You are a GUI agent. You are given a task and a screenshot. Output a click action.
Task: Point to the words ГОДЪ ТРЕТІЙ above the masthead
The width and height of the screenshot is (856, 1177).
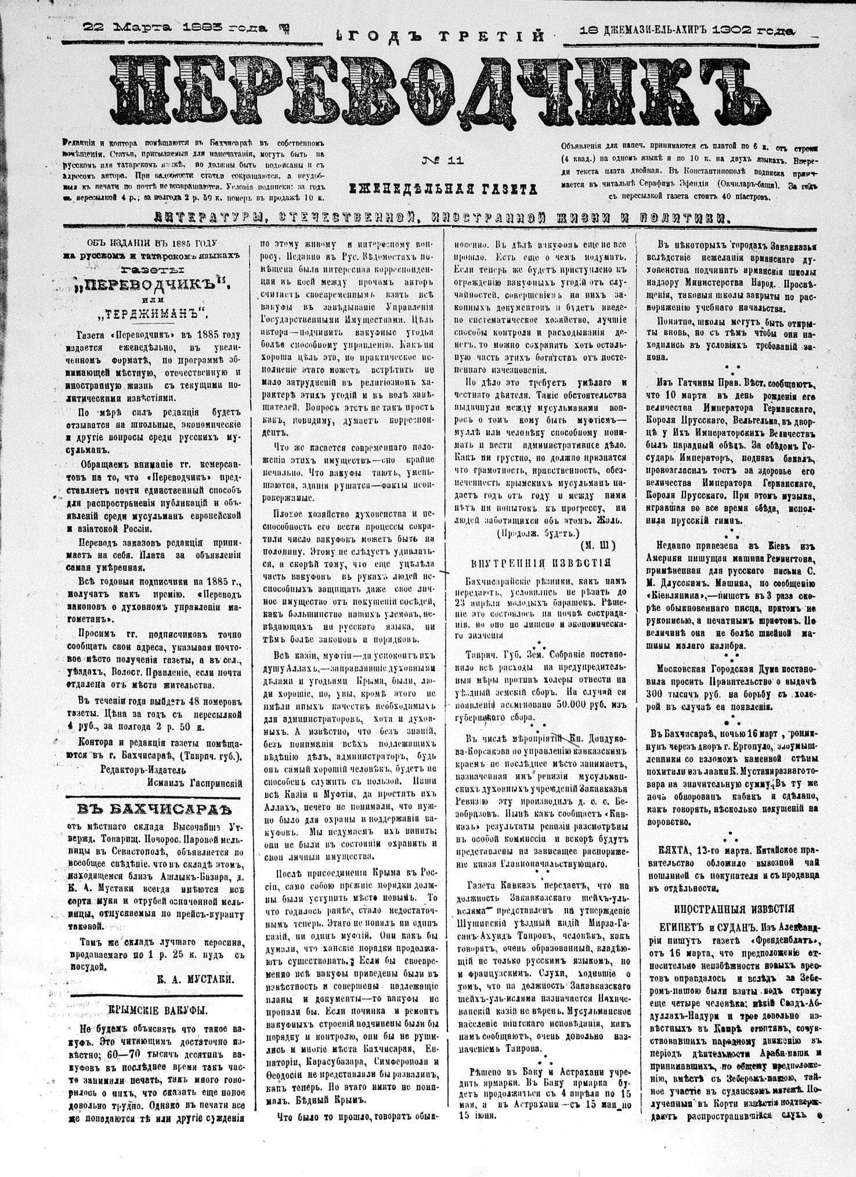[x=441, y=37]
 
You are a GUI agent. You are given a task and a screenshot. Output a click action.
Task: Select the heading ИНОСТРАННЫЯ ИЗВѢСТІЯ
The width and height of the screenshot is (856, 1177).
[x=734, y=909]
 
